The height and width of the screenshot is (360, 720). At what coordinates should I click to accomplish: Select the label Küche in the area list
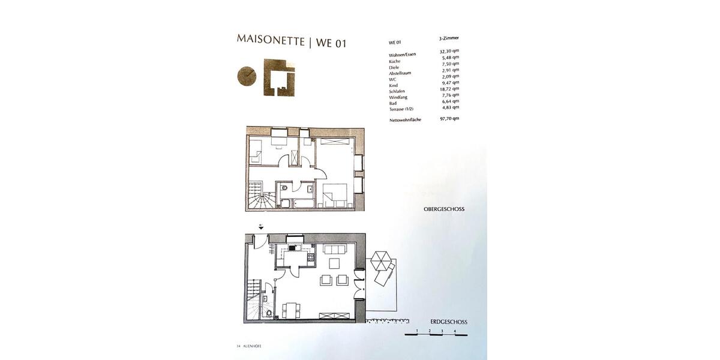(395, 61)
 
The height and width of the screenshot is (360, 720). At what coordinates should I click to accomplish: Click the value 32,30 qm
(449, 52)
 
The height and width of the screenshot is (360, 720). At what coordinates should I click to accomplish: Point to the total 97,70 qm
(449, 119)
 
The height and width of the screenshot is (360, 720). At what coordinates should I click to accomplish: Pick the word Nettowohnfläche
(405, 119)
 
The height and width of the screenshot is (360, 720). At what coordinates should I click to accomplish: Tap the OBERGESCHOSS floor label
(444, 209)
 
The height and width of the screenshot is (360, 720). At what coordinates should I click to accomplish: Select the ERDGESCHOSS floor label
(449, 322)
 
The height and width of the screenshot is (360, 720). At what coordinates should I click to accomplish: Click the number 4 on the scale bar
(455, 331)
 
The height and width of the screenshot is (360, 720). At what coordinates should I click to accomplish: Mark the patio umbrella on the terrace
(381, 261)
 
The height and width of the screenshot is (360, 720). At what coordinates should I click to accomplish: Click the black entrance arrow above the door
(261, 227)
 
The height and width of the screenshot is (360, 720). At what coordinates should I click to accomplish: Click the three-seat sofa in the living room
(334, 250)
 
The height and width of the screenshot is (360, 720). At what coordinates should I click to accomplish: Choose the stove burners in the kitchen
(311, 259)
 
